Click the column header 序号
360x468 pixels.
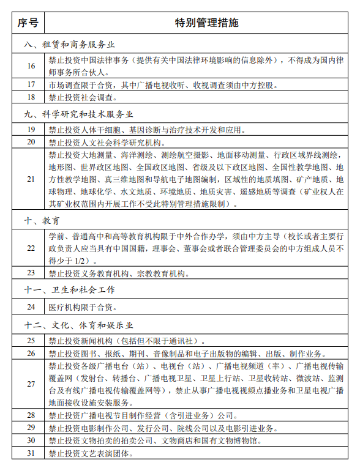[28, 24]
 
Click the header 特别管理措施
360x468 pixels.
[197, 24]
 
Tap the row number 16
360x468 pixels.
[31, 65]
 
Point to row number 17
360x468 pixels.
[31, 84]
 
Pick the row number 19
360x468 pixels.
[31, 129]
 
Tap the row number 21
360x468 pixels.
[31, 179]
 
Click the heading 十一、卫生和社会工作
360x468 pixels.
[70, 289]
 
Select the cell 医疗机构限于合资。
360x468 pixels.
[83, 306]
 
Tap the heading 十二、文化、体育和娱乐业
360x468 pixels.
[79, 324]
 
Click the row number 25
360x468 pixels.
[31, 340]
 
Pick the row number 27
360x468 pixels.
[31, 384]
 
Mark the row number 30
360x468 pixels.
[31, 440]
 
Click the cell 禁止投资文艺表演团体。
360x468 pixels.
[92, 453]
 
